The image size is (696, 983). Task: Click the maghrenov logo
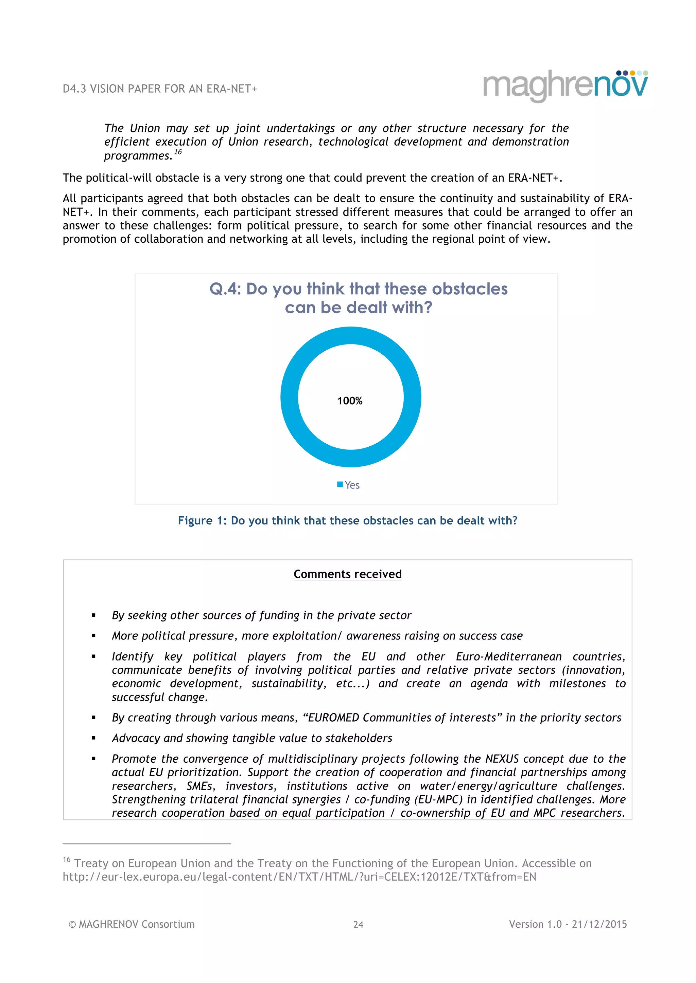coord(565,86)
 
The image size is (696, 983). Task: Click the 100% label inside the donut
coord(350,401)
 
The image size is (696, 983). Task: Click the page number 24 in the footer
coord(358,925)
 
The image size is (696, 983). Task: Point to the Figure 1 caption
coord(348,521)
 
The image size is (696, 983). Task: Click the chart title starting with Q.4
coord(358,298)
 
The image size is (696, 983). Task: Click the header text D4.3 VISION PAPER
coord(159,89)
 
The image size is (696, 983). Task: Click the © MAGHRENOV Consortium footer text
coord(132,924)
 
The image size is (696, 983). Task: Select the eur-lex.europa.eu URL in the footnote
coord(299,877)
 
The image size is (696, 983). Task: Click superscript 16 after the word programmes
coord(178,152)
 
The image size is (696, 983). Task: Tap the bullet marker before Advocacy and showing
coord(93,739)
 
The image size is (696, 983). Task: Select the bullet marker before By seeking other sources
coord(93,616)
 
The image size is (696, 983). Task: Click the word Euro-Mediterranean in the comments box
coord(508,657)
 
